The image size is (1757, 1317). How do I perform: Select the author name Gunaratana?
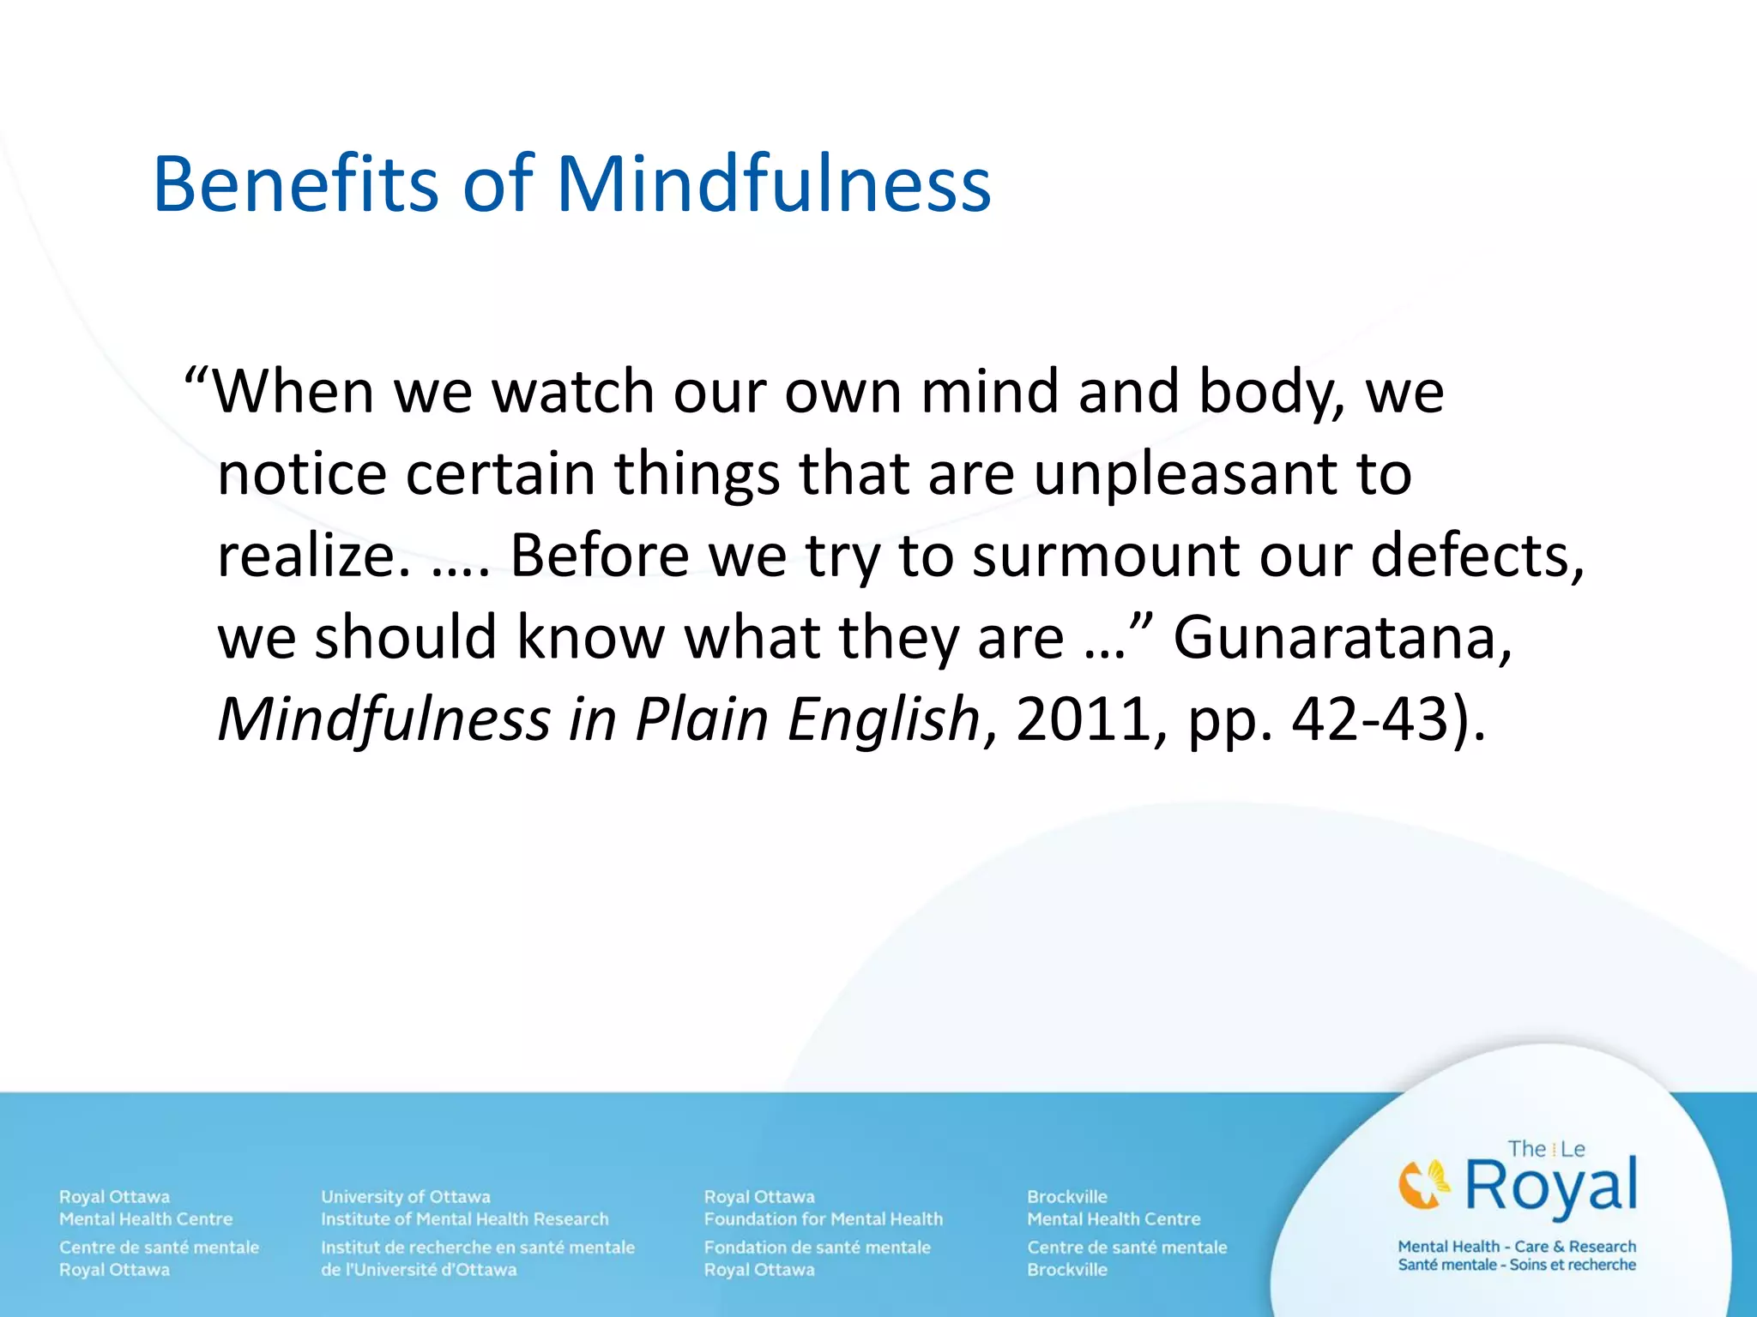pos(1342,637)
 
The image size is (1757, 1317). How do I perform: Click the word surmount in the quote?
pos(1108,556)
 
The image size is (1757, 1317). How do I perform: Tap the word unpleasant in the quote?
pos(1185,474)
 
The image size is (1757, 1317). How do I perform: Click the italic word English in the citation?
pos(884,719)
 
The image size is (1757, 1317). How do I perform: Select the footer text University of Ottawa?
pos(406,1196)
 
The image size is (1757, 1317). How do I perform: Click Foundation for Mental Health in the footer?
pos(823,1218)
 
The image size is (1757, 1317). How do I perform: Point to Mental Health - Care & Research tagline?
pos(1517,1246)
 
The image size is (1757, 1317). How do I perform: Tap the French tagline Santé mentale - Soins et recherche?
pos(1517,1265)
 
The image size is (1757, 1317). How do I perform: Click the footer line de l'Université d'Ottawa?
pos(419,1269)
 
